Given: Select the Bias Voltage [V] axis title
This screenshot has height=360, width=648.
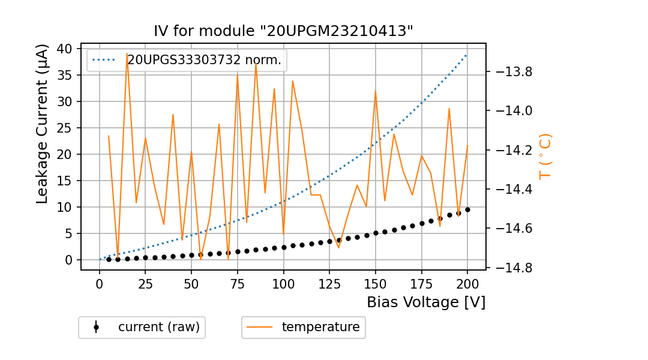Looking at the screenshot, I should pyautogui.click(x=426, y=302).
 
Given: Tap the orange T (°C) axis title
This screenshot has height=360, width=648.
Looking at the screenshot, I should pyautogui.click(x=545, y=156).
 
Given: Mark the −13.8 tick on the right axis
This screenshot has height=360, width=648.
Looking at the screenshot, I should pyautogui.click(x=511, y=72).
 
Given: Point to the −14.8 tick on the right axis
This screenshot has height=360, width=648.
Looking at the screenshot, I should pyautogui.click(x=511, y=268).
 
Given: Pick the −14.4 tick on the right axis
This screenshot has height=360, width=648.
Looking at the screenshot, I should pyautogui.click(x=511, y=189).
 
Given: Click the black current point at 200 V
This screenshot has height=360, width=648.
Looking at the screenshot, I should pyautogui.click(x=467, y=209).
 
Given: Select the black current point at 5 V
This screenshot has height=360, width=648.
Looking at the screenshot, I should pyautogui.click(x=109, y=259).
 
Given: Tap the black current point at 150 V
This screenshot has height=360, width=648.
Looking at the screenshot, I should pyautogui.click(x=376, y=233).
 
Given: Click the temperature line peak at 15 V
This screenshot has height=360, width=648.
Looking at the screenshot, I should pyautogui.click(x=127, y=53).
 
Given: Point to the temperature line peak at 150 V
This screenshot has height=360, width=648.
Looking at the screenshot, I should pyautogui.click(x=376, y=91).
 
